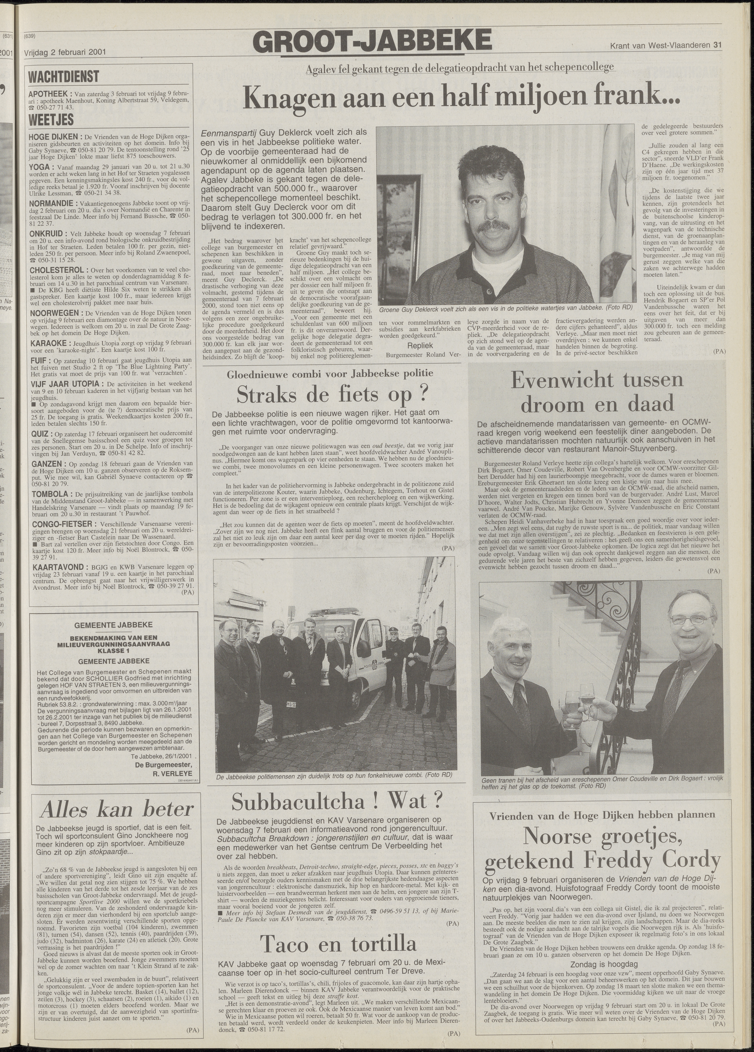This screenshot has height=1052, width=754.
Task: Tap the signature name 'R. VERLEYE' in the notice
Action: (172, 774)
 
